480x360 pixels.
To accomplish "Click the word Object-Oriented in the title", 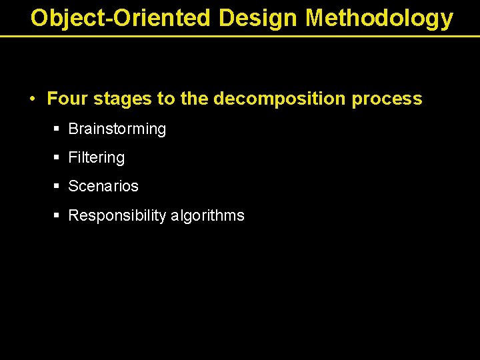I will (121, 18).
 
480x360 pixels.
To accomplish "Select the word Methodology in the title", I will (379, 18).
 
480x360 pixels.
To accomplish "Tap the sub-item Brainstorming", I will (117, 129).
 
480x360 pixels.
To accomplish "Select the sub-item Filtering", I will (97, 158).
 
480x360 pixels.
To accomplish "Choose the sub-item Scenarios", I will (103, 187).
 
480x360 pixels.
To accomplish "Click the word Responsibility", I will (117, 216).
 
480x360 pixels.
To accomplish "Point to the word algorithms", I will (207, 216).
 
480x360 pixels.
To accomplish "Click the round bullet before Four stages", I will (32, 99).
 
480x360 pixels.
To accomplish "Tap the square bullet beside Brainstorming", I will (56, 129).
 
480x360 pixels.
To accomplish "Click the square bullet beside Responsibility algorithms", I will (56, 215).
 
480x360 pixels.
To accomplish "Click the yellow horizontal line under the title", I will (240, 36).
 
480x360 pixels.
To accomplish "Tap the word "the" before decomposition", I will (195, 99).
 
